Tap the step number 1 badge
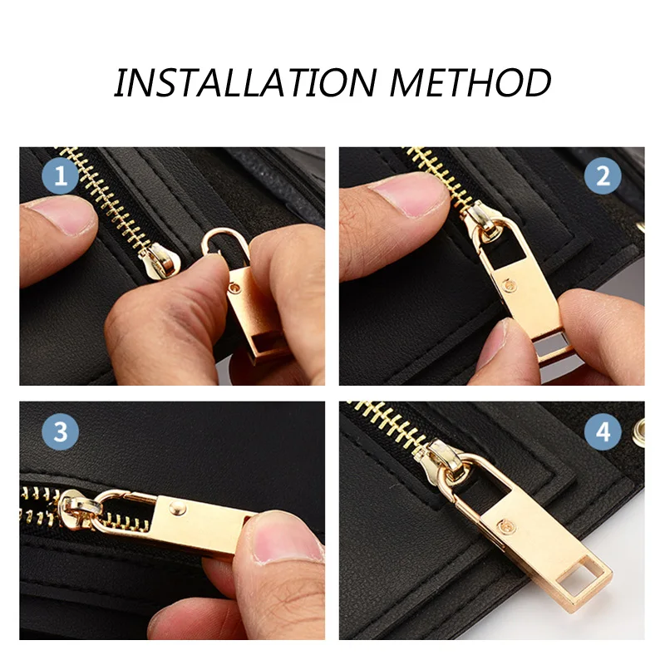pyautogui.click(x=61, y=176)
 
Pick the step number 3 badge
pyautogui.click(x=61, y=431)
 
